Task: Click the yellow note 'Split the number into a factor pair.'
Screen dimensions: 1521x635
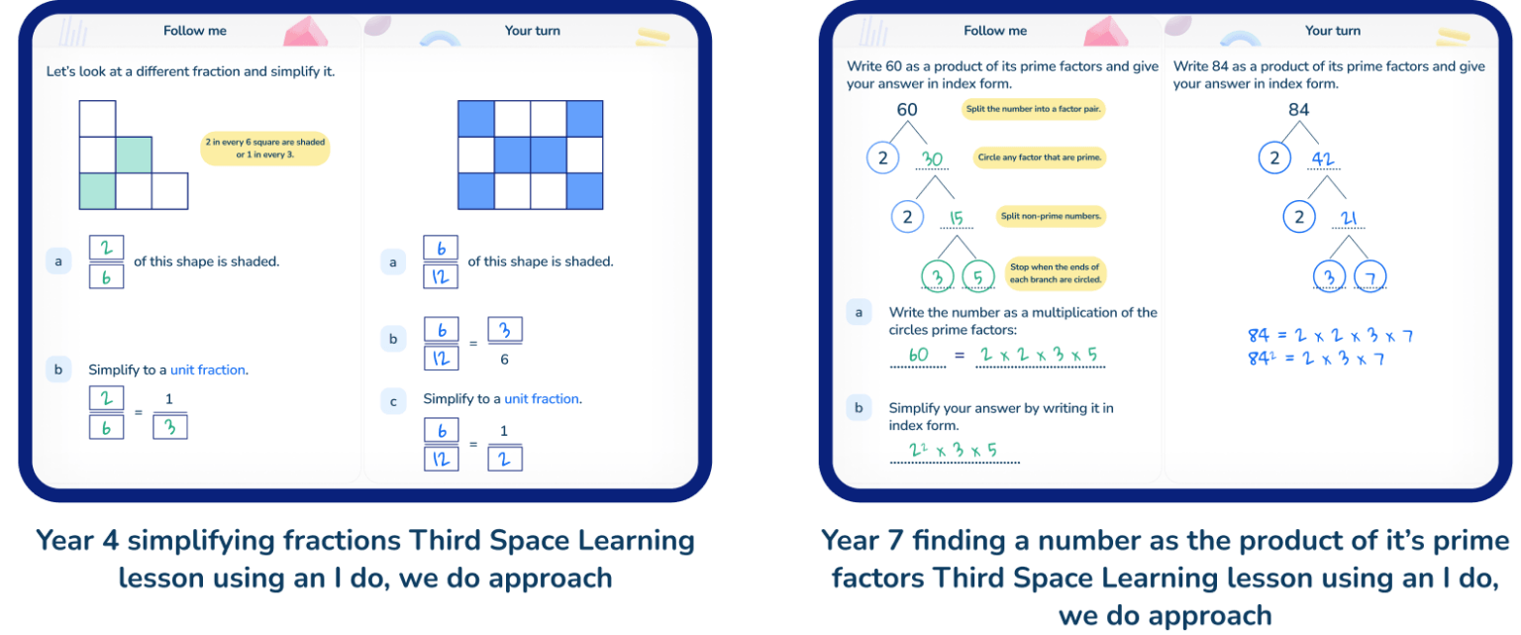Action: point(1033,109)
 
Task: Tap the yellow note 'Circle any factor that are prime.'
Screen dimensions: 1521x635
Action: point(1039,157)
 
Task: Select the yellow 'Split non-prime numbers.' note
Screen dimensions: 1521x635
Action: point(1051,216)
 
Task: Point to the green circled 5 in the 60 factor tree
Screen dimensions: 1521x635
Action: point(977,276)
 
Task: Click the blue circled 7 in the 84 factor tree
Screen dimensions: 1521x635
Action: point(1370,276)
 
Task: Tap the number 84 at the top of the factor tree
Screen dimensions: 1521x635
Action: point(1298,109)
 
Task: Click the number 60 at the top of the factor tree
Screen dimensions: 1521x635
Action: point(906,109)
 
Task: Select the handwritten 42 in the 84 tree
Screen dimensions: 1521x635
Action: point(1323,159)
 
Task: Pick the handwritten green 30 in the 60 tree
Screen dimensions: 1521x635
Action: point(932,159)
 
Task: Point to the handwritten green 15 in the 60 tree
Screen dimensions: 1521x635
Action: point(956,218)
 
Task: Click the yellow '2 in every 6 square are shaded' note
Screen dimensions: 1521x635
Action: point(264,148)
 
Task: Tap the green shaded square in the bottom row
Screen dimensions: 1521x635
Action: point(97,191)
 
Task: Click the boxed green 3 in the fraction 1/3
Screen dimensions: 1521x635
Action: point(169,427)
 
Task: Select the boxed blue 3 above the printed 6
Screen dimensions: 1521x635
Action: point(504,330)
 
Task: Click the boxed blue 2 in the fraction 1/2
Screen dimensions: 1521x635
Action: point(504,459)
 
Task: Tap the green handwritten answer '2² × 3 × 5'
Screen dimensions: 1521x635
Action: point(953,450)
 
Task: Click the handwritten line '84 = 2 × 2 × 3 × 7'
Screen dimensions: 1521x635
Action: point(1330,335)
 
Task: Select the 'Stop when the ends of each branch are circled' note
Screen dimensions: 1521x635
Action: point(1055,273)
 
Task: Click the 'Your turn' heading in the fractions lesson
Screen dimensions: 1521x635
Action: point(533,31)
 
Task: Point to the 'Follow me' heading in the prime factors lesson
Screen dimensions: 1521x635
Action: point(995,31)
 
